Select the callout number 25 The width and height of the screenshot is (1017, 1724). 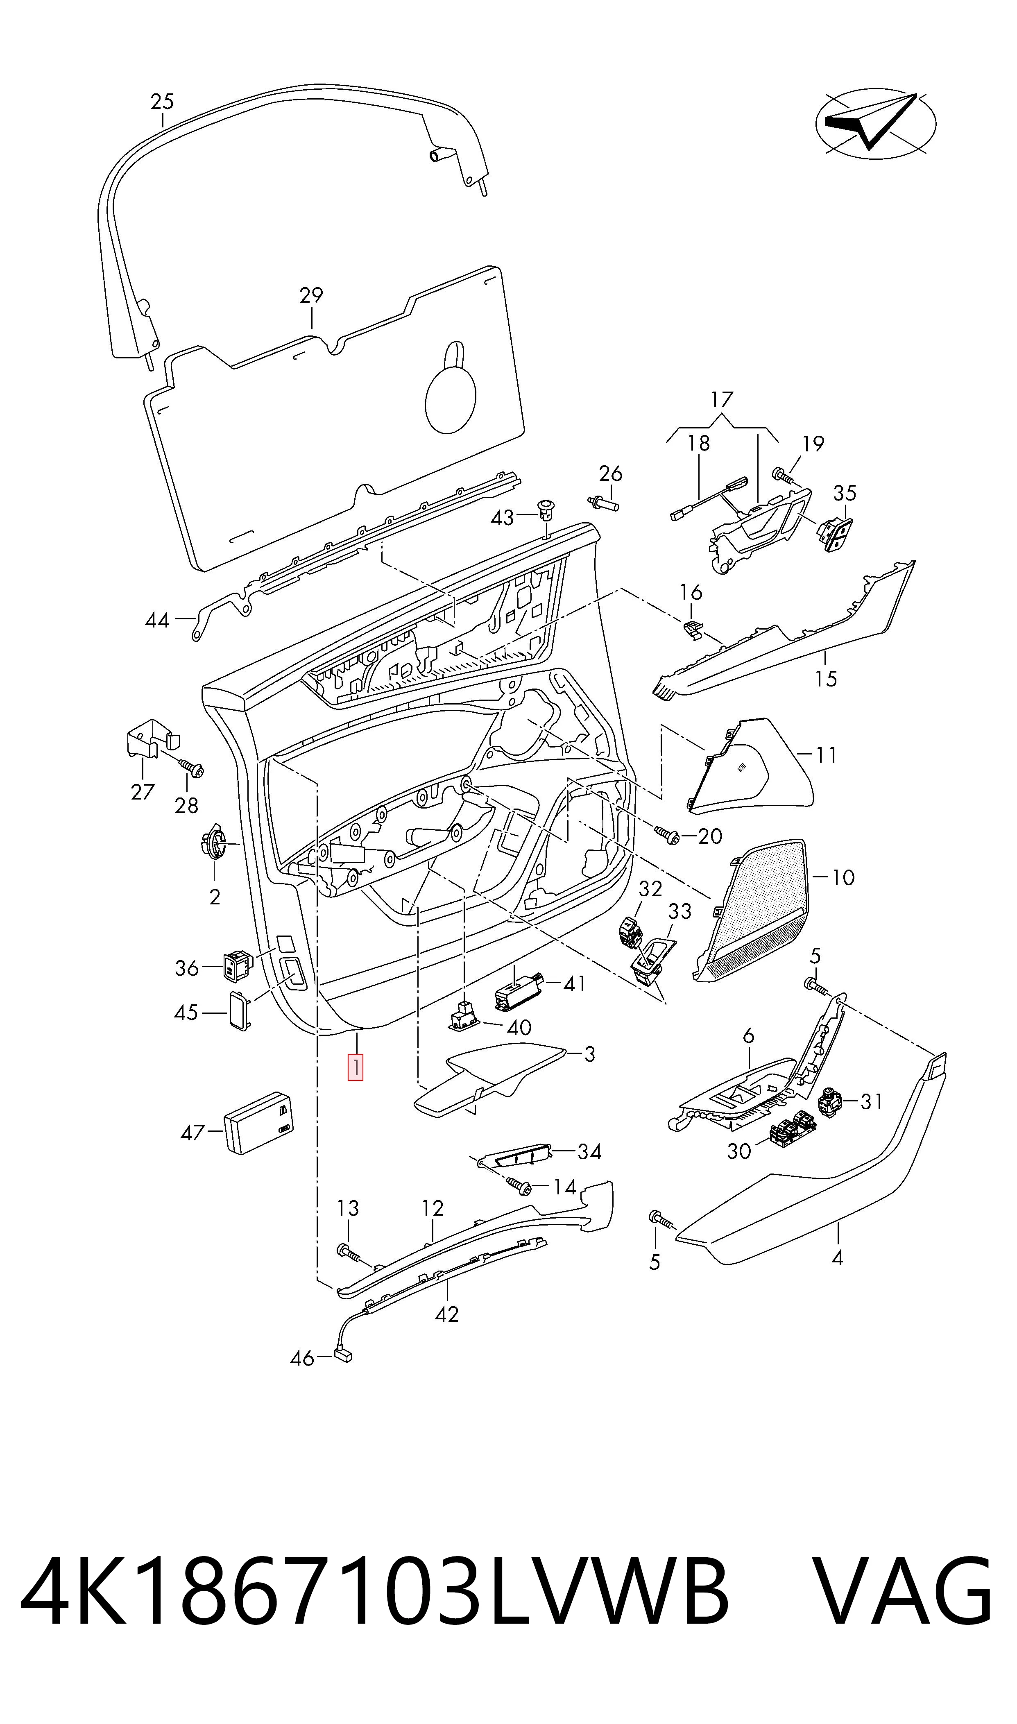(163, 102)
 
